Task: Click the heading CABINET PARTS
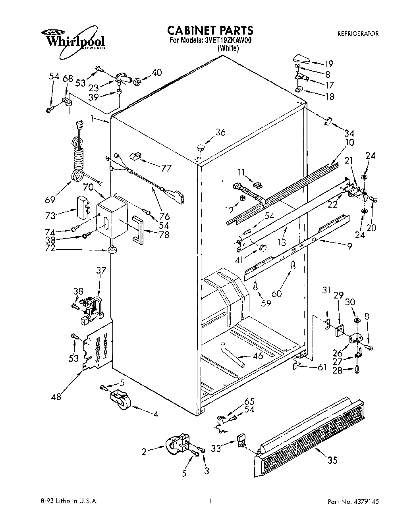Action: pyautogui.click(x=210, y=30)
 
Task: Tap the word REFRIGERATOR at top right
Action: pyautogui.click(x=357, y=34)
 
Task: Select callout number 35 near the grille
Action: pyautogui.click(x=332, y=460)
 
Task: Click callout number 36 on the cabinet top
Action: pyautogui.click(x=220, y=132)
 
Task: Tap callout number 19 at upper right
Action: pyautogui.click(x=328, y=64)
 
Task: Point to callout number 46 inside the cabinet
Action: pyautogui.click(x=258, y=356)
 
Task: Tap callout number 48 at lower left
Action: pyautogui.click(x=56, y=396)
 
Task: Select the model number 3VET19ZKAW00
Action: pyautogui.click(x=228, y=40)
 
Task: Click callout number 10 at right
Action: pyautogui.click(x=350, y=143)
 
